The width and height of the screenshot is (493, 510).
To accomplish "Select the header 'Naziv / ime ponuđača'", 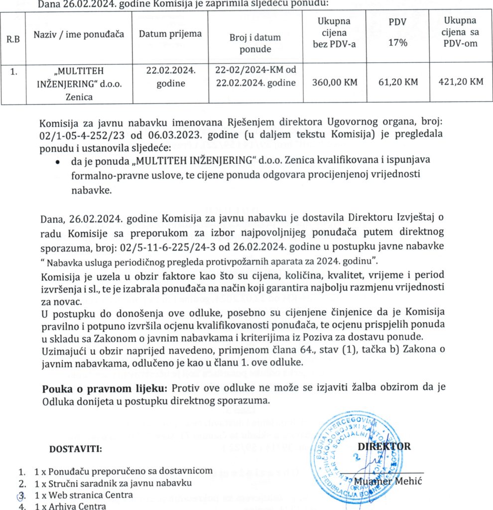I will pyautogui.click(x=79, y=35).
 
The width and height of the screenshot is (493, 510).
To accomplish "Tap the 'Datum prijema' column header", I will pyautogui.click(x=170, y=34).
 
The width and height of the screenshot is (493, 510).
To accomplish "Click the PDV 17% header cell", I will pyautogui.click(x=397, y=33).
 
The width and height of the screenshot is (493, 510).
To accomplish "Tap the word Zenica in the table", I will pyautogui.click(x=79, y=97).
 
